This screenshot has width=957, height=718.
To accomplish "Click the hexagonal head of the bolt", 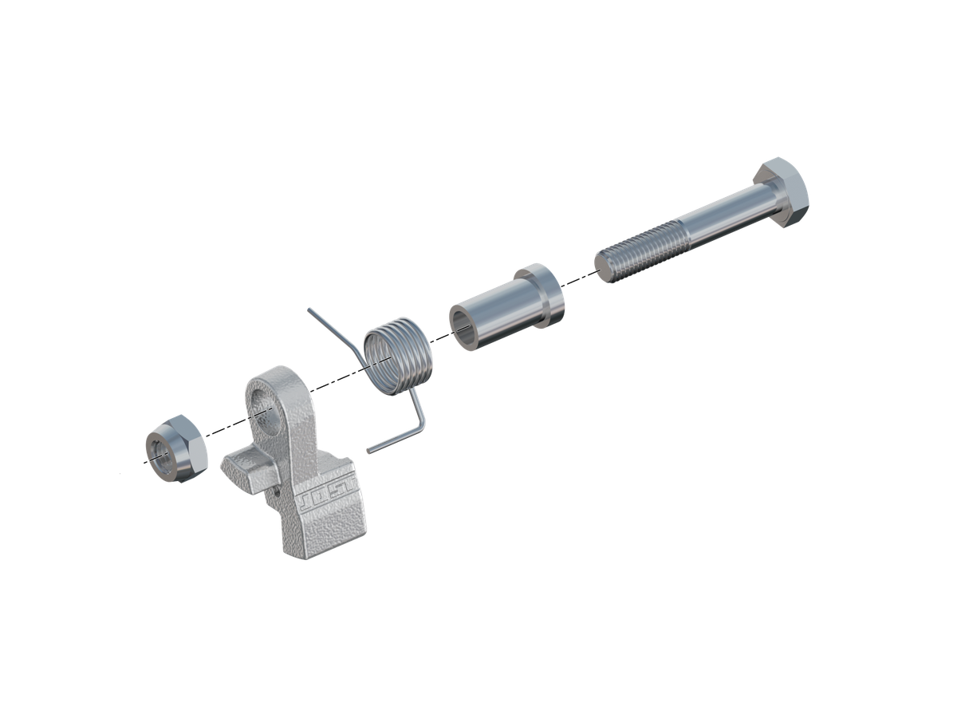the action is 782,191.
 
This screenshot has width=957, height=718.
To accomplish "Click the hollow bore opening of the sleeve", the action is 464,327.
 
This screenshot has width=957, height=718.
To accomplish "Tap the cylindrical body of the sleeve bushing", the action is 497,313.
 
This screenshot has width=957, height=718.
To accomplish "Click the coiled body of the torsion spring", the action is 399,356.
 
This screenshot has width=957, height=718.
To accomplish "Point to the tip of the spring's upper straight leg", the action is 309,310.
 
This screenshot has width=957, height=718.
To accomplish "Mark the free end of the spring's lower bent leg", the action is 369,452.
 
